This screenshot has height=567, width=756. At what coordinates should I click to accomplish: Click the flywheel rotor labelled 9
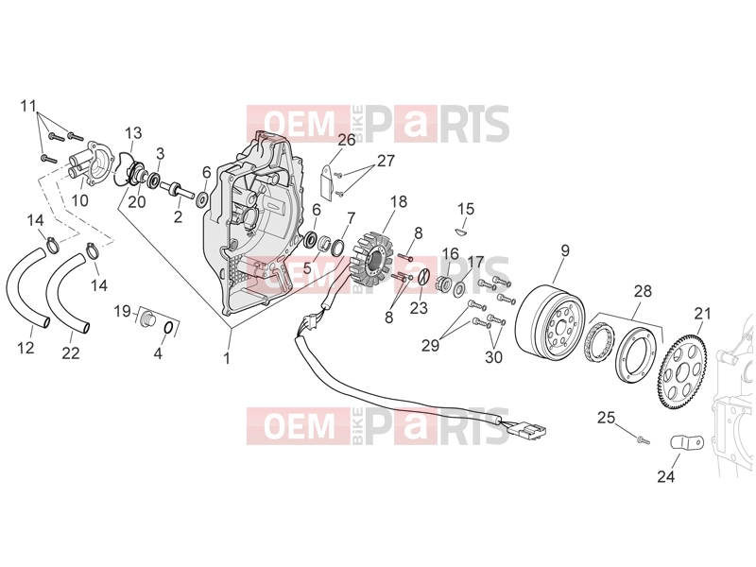pos(551,320)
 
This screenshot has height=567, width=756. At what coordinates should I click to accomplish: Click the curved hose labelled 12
pos(27,290)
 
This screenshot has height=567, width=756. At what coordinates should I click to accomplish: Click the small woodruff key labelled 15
pos(460,232)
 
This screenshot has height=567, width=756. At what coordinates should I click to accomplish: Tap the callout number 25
pos(606,418)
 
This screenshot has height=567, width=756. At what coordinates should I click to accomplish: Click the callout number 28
pos(643,291)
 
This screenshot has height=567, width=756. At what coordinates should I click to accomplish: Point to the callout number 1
pos(227,359)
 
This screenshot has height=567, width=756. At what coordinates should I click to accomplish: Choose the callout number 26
pos(346,140)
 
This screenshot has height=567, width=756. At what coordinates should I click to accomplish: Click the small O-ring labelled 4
pos(168,328)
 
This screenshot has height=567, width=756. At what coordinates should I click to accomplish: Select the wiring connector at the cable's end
pos(529,427)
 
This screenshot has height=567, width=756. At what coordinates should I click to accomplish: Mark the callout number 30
pos(493,357)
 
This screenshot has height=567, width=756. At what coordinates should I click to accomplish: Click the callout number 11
pos(28,106)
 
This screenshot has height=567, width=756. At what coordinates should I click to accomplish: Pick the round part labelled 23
pos(422,277)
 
